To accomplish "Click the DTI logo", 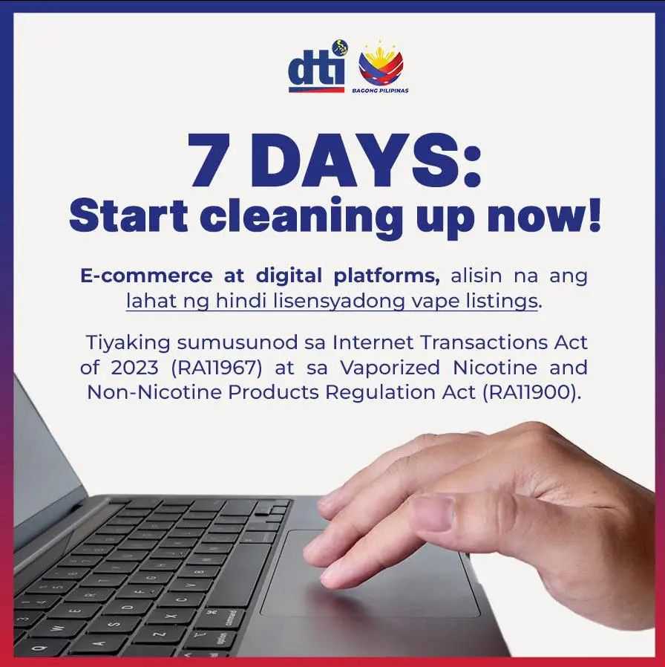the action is pos(318,66).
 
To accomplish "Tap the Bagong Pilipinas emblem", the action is pos(381,67).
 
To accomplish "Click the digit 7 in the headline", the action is pos(209,160).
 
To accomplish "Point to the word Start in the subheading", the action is pos(128,215).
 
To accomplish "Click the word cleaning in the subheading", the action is pos(301,218).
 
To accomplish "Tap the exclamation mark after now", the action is pos(594,215).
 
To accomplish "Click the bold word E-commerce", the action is pos(146,276).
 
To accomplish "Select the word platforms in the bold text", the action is pos(387,276).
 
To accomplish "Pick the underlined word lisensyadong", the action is pos(338,302).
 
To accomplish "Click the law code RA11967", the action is pos(217,368).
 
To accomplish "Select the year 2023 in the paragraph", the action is pos(134,368).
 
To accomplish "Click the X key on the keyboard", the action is pos(171,616).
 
